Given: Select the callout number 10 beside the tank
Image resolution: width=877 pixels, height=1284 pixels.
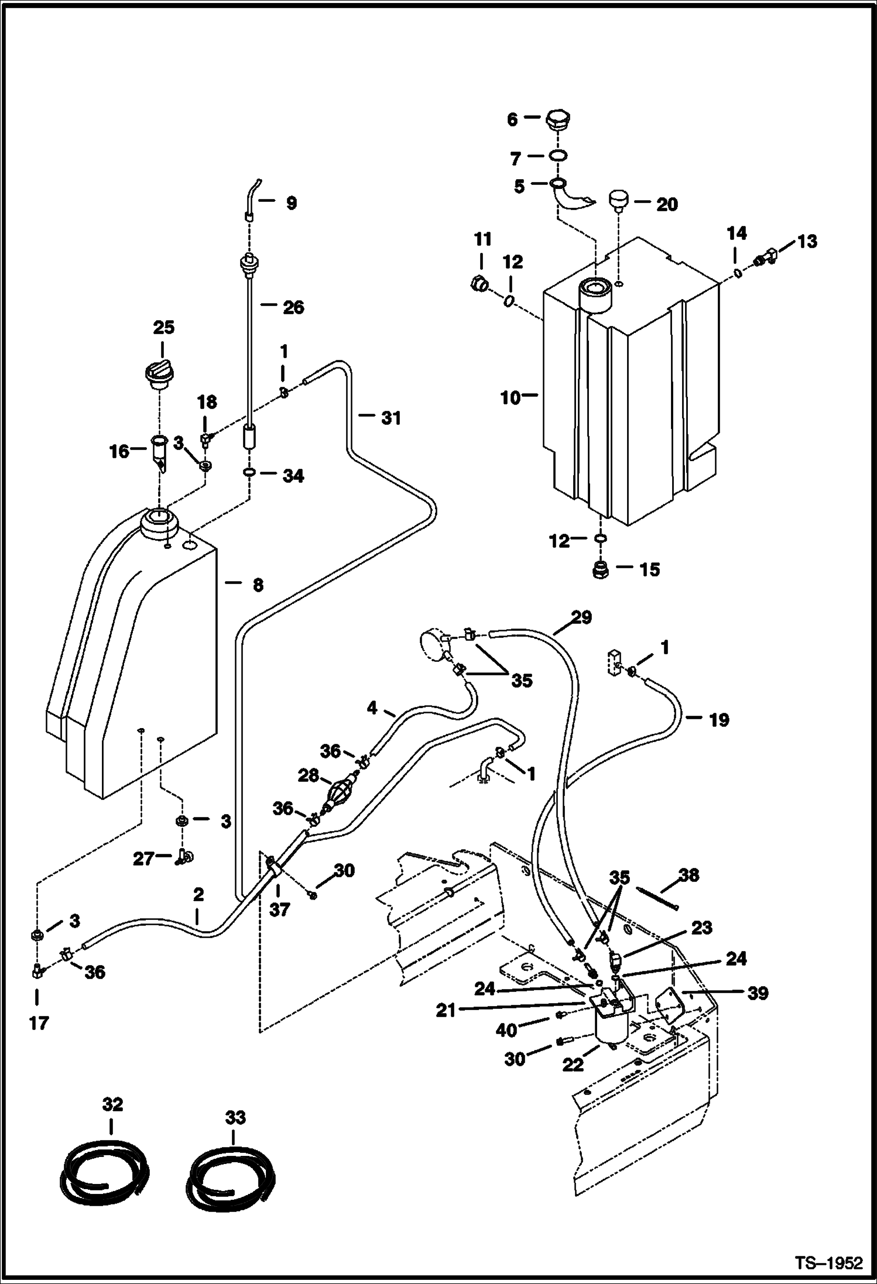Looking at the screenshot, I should click(x=511, y=398).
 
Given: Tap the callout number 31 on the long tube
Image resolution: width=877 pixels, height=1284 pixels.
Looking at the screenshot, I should click(x=391, y=418).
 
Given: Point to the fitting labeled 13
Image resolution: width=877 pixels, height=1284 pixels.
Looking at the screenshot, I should click(x=764, y=256).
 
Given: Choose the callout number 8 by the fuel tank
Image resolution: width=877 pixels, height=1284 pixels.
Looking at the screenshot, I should click(x=258, y=585).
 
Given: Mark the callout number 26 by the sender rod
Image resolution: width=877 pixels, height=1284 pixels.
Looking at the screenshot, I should click(x=293, y=307).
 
